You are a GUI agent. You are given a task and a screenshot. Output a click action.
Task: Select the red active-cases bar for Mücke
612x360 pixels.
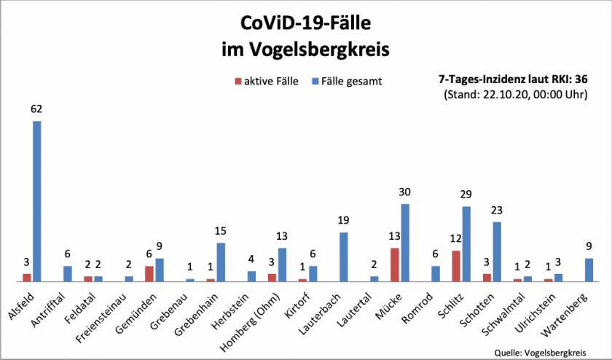click(394, 265)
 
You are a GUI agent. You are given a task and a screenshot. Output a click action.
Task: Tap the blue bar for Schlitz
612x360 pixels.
click(466, 244)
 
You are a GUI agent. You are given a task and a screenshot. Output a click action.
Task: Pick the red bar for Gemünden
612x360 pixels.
click(149, 273)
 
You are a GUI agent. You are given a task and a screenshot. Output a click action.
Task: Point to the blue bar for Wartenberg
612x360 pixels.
click(589, 270)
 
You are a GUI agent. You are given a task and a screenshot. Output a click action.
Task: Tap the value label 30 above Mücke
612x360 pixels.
click(405, 192)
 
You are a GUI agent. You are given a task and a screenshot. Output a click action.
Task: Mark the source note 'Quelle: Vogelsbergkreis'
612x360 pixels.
click(541, 351)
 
